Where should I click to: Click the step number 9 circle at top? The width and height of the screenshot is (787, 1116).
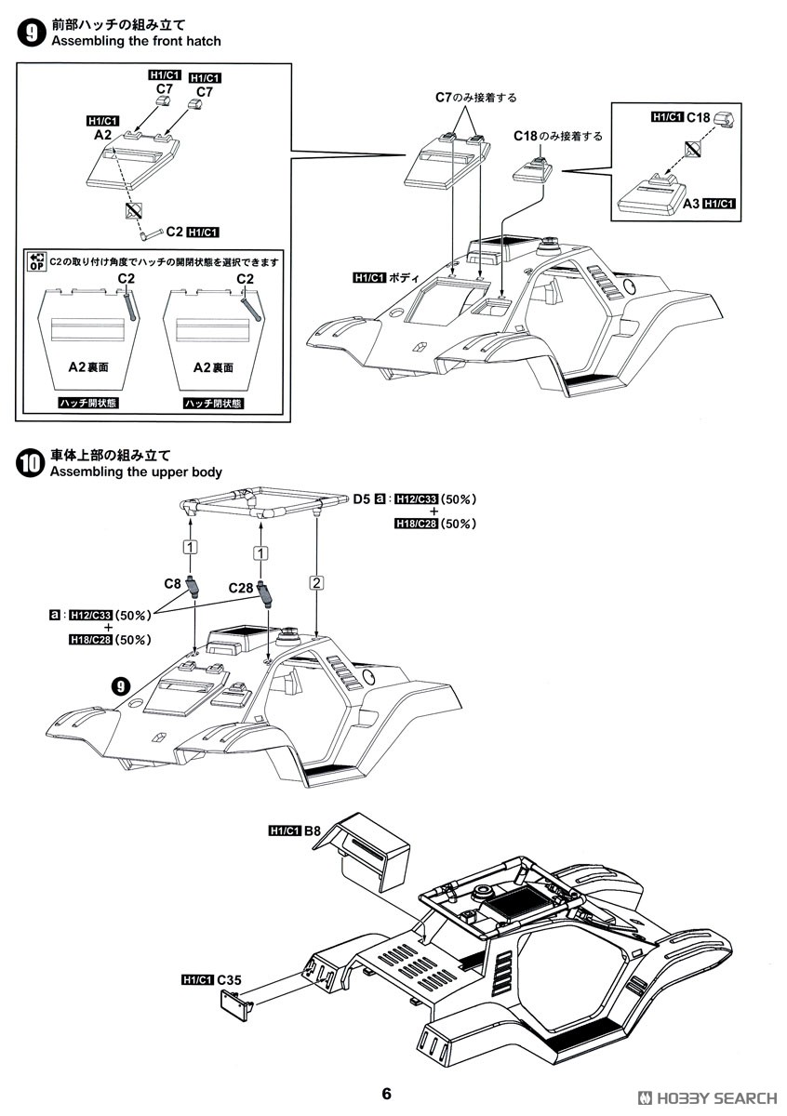tap(32, 34)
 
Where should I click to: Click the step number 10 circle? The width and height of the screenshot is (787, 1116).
tap(32, 463)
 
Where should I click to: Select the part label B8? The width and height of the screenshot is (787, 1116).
tap(313, 830)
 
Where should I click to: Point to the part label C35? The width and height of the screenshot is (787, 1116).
tap(230, 979)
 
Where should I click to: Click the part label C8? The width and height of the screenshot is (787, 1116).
tap(172, 584)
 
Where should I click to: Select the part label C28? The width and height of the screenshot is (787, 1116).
tap(241, 589)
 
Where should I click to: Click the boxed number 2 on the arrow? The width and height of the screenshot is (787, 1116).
tap(316, 583)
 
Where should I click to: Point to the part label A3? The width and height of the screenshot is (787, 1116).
tap(689, 204)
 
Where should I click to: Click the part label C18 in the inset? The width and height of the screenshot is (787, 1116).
tap(698, 118)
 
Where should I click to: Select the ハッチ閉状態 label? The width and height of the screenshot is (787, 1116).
tap(212, 403)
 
